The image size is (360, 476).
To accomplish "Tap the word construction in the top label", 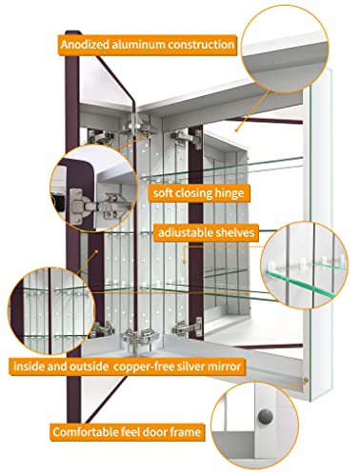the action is coord(201,45).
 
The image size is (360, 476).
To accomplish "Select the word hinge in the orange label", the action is coord(230,193).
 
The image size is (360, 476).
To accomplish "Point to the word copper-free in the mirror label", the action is coord(144,367).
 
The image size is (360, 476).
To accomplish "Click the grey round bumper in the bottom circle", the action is coord(265,416).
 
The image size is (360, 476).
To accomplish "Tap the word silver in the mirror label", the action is coord(190,367).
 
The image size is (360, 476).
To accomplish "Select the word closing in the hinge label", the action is coord(194,193).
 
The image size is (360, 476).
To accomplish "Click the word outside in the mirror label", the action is coord(89,367).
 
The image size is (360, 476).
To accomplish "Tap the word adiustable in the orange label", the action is coord(186,232).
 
